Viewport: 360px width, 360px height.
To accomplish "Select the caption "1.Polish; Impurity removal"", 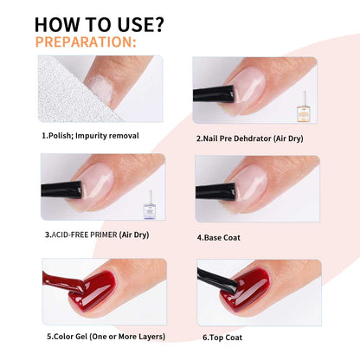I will click(90, 135).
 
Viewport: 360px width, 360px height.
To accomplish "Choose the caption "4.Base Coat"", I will click(220, 235).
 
